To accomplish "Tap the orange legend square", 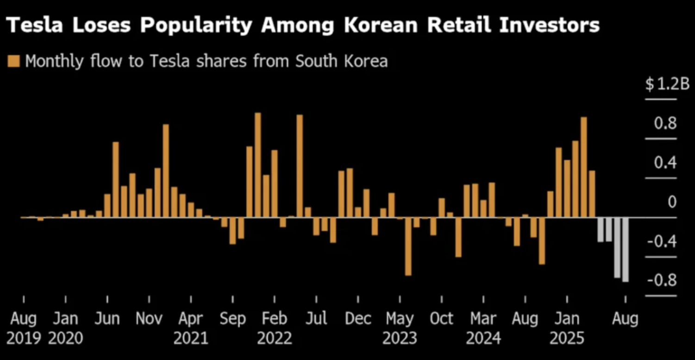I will point(14,61).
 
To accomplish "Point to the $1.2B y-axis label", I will point(667,85).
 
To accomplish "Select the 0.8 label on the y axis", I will point(666,124).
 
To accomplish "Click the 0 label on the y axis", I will point(672,202).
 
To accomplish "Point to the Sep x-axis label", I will point(232,319).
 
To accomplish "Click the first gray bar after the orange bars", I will point(601,229).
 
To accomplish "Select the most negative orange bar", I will point(408,246).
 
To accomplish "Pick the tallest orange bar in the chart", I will point(258,164).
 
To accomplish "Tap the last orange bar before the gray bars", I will point(592,194).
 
